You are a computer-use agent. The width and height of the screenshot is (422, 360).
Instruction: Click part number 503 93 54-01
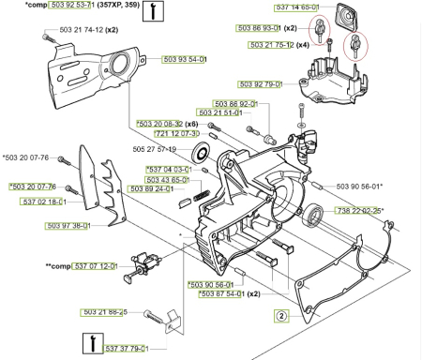point(185,59)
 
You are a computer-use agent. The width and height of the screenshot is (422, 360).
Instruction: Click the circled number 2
point(280,315)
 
